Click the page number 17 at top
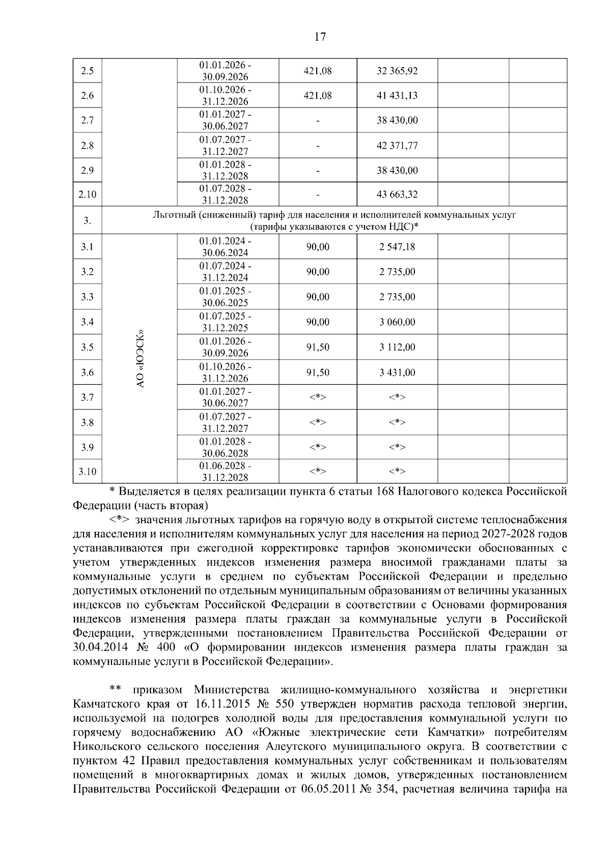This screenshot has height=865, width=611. point(320,37)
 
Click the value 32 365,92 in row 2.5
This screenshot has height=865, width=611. point(397,71)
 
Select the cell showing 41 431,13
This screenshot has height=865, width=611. point(397,96)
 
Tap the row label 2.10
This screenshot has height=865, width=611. point(87,195)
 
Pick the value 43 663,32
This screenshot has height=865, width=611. point(397,195)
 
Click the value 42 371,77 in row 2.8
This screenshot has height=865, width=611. point(397,146)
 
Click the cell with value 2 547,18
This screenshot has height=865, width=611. point(397,247)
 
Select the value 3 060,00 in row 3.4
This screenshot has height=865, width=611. point(397,322)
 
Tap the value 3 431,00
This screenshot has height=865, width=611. point(397,372)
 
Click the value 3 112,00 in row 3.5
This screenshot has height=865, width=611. point(397,347)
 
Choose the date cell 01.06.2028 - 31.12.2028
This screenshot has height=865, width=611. point(225,472)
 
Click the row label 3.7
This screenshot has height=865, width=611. point(87,397)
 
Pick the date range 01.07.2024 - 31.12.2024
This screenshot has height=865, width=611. point(225,272)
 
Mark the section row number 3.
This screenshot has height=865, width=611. point(87,221)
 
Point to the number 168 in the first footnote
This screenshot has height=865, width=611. point(385,492)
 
